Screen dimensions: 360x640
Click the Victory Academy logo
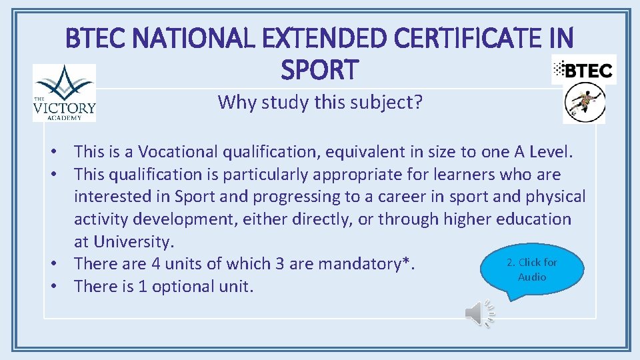coord(64,93)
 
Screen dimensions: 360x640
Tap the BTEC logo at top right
coord(584,70)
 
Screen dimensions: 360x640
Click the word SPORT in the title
coord(319,69)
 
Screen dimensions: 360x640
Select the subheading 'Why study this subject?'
coord(320,103)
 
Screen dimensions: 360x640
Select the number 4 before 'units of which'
coord(155,263)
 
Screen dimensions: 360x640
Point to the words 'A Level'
coord(542,152)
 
